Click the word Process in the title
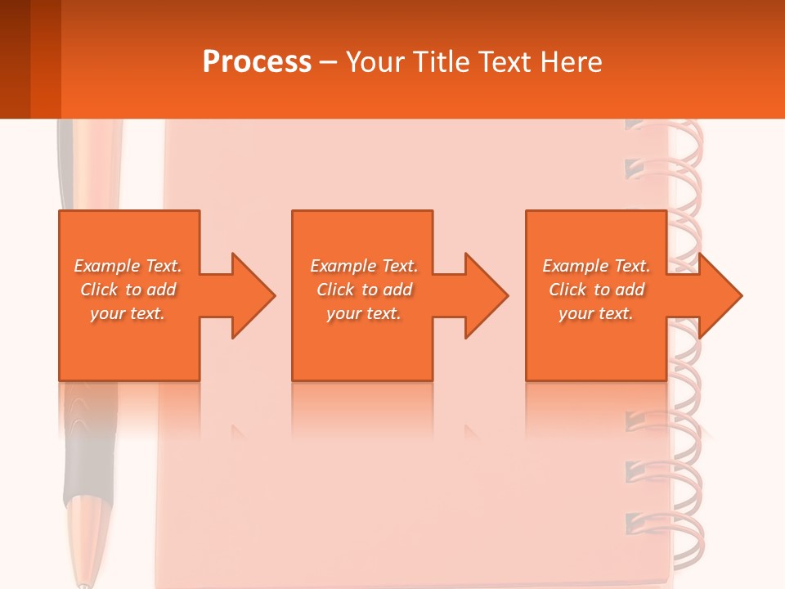click(257, 62)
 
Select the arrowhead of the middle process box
click(485, 295)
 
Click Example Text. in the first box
click(128, 266)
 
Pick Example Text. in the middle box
click(364, 266)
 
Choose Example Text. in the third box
click(596, 266)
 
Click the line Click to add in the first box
click(128, 290)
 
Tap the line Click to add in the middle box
click(364, 290)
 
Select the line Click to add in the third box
click(596, 290)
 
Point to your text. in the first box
click(128, 313)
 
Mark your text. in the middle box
click(364, 313)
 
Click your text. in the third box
click(596, 313)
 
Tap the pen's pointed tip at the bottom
click(83, 582)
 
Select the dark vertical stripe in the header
click(45, 59)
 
